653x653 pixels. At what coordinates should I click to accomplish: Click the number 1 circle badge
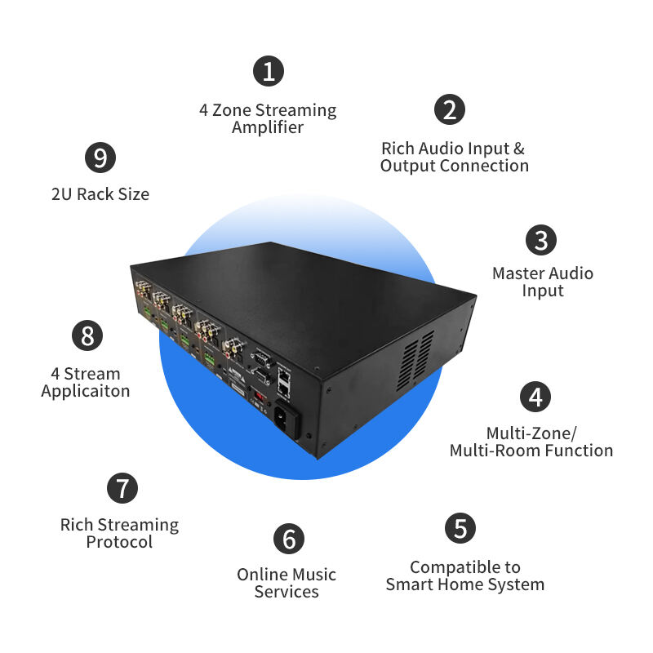coord(268,71)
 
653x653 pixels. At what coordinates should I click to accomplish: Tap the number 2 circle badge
coord(449,109)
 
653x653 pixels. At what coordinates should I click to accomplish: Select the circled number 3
coord(540,240)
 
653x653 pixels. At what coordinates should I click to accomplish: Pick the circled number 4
coord(535,397)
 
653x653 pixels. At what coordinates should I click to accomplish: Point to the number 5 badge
coord(460,528)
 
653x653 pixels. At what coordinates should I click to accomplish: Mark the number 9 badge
coord(100,157)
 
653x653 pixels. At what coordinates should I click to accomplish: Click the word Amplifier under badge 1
coord(268,127)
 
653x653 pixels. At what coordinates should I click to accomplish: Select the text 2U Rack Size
coord(100,194)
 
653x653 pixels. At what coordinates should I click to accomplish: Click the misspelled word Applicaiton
coord(86,391)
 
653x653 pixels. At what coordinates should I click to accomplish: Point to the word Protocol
coord(119,542)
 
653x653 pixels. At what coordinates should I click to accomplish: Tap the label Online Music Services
coord(287,583)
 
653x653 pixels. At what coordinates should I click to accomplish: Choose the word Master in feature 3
coord(517,273)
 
